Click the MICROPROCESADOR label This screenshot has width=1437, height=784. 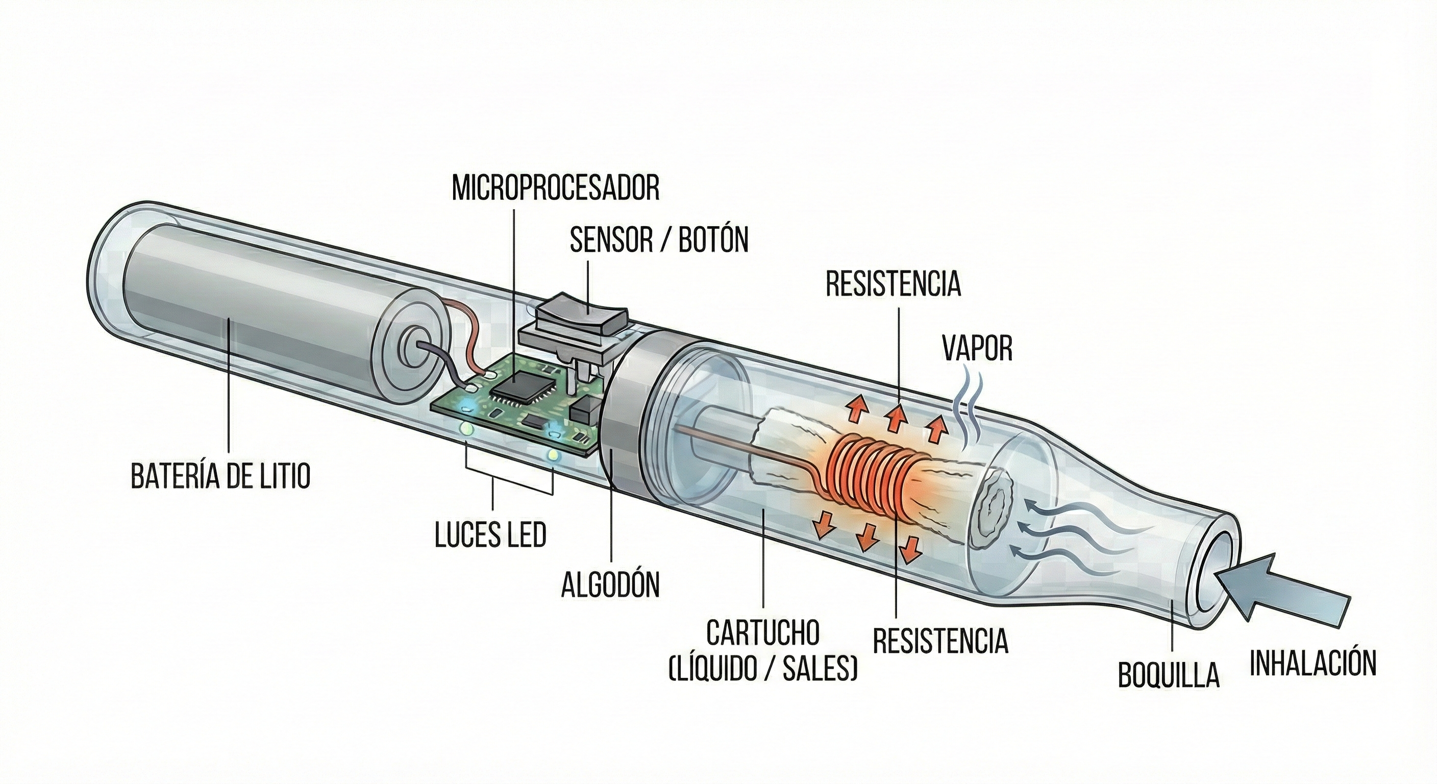[556, 188]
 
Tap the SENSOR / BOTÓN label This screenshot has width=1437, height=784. [659, 240]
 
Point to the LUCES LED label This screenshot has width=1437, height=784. [490, 534]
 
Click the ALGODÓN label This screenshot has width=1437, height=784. [610, 584]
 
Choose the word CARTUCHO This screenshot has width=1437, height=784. [762, 633]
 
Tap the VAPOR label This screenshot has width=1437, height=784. [977, 348]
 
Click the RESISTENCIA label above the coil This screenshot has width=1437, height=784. [894, 284]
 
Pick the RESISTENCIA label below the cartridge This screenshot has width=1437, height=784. [940, 641]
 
